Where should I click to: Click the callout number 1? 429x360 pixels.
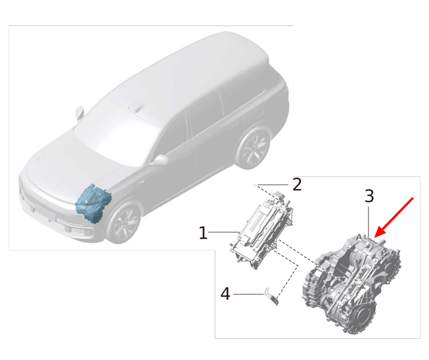click(203, 232)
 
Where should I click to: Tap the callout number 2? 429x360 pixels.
click(297, 184)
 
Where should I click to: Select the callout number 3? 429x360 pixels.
click(369, 196)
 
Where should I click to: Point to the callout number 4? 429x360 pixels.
click(225, 294)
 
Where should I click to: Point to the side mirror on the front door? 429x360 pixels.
click(160, 160)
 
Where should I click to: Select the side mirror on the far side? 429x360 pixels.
click(79, 113)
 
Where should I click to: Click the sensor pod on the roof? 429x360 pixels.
click(137, 107)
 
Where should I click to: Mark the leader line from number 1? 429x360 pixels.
click(224, 232)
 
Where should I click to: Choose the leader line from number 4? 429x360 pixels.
click(249, 294)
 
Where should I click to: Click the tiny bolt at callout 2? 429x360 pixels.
click(256, 185)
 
